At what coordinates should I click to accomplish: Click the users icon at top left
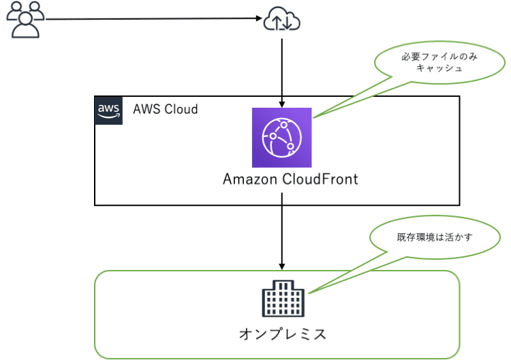[25, 20]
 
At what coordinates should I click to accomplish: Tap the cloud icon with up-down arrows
[281, 21]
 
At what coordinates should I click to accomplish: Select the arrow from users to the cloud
[150, 19]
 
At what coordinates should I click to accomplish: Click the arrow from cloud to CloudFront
[281, 68]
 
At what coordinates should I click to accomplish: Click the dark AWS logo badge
[108, 110]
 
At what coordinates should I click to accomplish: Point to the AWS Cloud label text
[165, 109]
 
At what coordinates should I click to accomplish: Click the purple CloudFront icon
[281, 137]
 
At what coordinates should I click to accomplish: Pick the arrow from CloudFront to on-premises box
[281, 232]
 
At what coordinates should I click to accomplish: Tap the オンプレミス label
[282, 334]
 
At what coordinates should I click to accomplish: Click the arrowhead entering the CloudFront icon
[281, 104]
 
